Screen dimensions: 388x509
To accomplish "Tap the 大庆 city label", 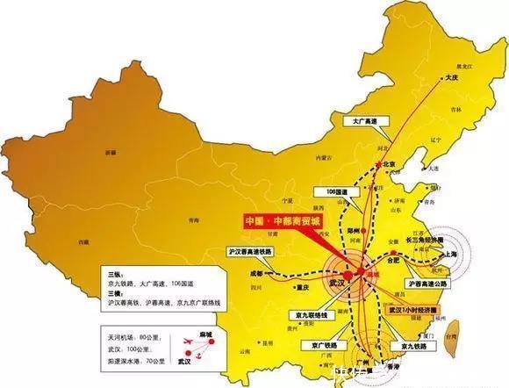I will pos(453,78).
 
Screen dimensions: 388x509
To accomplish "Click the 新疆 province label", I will pos(110,152).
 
